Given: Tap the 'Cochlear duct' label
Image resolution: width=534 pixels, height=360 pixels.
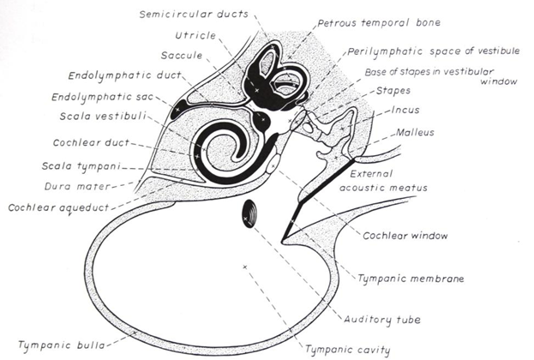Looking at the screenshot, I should tap(87, 142).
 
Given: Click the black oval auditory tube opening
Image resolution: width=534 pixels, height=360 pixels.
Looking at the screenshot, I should tap(252, 213).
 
